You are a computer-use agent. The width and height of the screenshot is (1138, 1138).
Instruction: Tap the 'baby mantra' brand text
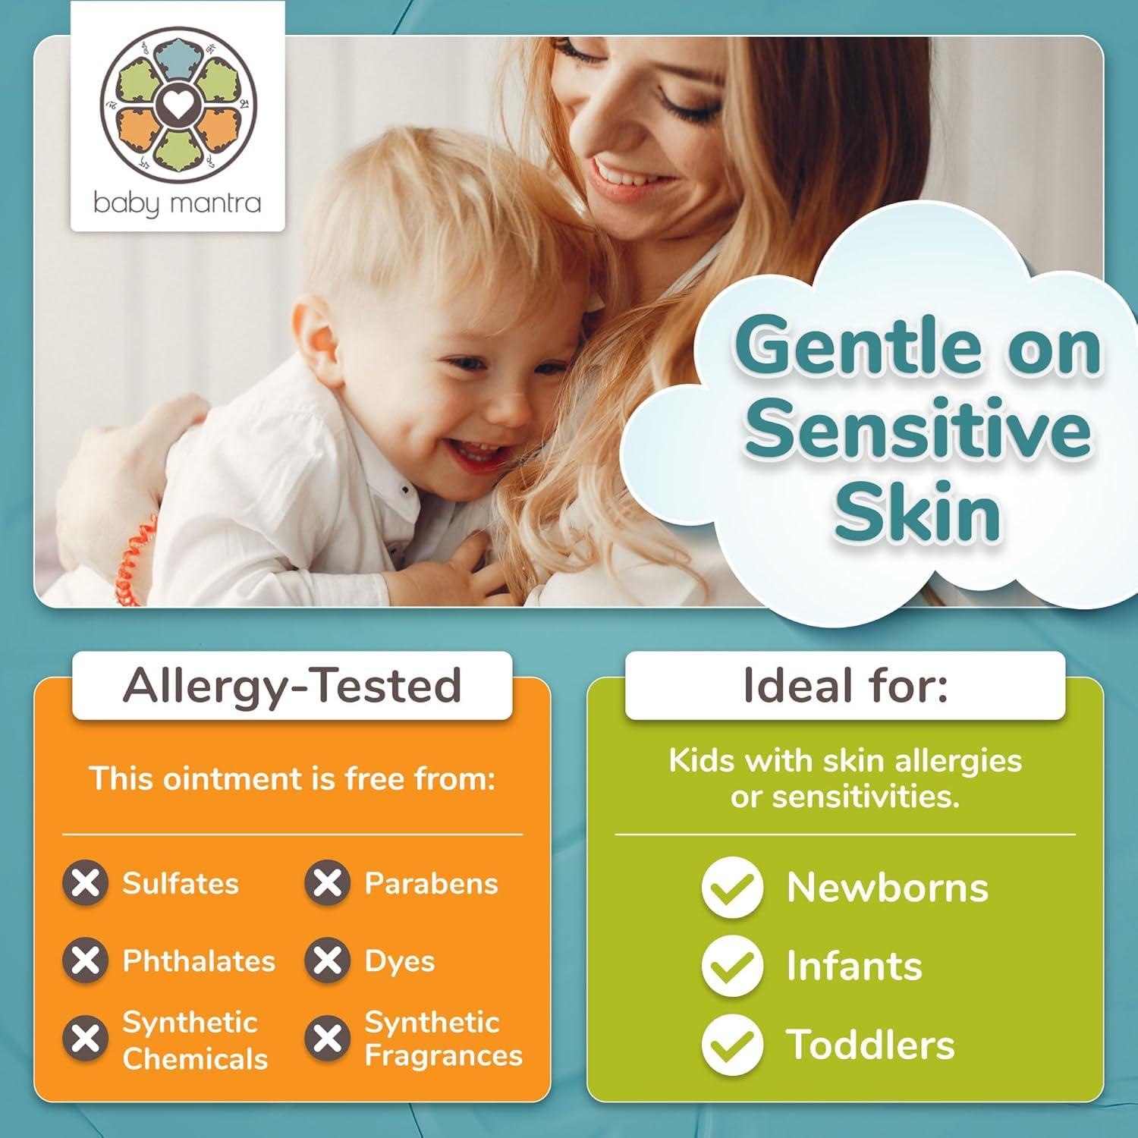coord(178,203)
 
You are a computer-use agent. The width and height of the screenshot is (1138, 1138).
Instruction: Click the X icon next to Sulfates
coord(85,883)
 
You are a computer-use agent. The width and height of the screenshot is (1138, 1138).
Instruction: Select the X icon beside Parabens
coord(327,883)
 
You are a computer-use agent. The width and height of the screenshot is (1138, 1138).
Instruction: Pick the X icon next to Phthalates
coord(85,960)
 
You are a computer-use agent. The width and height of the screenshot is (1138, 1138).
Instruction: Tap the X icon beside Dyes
coord(327,960)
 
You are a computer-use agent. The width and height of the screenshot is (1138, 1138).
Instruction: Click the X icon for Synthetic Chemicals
coord(85,1039)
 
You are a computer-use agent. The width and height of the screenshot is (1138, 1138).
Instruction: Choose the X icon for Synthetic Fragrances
coord(327,1039)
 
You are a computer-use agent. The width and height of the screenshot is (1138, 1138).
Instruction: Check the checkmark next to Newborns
coord(732,887)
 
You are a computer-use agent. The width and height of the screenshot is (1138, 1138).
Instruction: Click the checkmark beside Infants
coord(732,966)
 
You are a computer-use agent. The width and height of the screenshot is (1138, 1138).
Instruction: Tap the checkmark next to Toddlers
coord(732,1045)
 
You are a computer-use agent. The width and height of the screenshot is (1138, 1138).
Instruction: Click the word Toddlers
coord(870,1045)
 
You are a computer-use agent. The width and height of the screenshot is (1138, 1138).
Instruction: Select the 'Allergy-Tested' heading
coord(292,685)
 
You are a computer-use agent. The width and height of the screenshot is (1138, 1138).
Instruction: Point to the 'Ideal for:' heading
coord(845,685)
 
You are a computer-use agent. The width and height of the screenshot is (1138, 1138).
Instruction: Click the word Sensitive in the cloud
coord(918,429)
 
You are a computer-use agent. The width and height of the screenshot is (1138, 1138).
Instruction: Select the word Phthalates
coord(199,961)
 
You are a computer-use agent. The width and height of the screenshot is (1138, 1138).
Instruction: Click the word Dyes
coord(400,961)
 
